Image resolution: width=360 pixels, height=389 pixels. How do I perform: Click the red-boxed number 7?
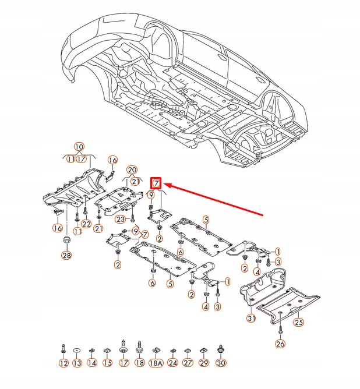click(156, 183)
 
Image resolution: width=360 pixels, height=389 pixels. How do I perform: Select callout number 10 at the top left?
click(79, 147)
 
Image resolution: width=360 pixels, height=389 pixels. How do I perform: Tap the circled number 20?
click(132, 169)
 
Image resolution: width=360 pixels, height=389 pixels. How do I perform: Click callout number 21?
click(136, 181)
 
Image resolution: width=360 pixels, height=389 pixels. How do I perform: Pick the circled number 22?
click(86, 224)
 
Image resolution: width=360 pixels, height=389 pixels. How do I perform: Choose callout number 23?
click(120, 219)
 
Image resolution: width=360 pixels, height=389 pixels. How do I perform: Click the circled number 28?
click(66, 256)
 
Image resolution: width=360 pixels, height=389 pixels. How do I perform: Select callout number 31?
click(251, 318)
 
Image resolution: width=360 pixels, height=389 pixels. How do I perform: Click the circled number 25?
click(298, 322)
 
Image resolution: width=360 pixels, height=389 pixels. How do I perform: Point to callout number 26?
click(281, 344)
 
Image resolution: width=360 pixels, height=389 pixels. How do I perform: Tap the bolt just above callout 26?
click(280, 330)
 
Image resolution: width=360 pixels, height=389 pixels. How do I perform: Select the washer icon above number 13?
click(77, 350)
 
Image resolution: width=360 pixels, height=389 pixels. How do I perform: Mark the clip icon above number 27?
click(188, 351)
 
